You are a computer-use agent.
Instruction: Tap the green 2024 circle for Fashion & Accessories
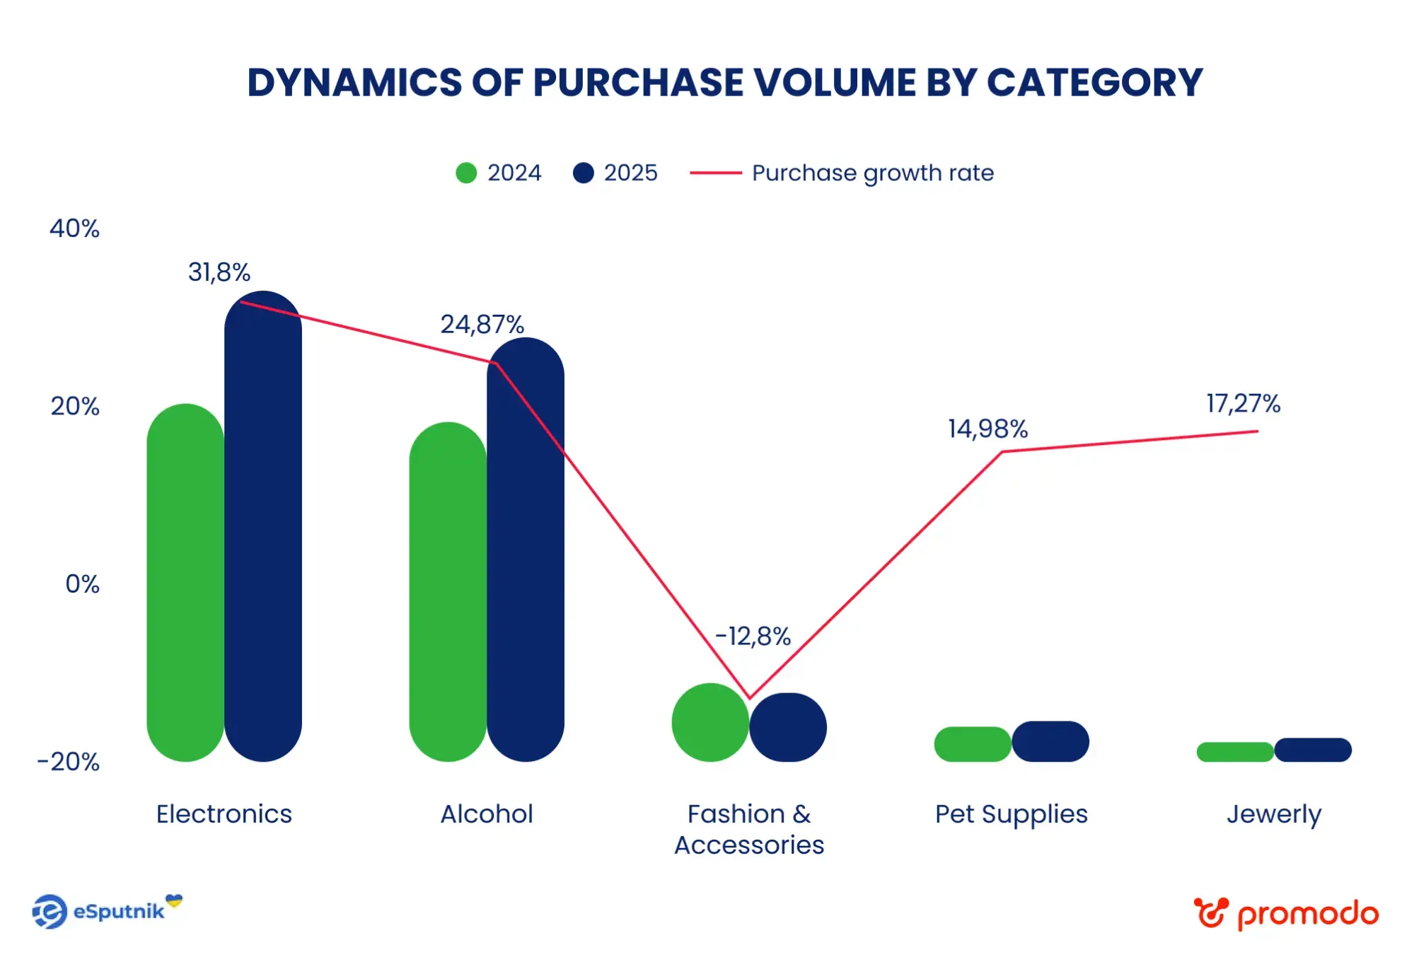[710, 722]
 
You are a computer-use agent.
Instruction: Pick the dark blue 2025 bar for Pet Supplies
[1050, 741]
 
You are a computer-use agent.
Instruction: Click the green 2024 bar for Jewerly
[1235, 751]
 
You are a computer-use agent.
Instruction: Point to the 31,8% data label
[219, 272]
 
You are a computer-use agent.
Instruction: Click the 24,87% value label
[482, 325]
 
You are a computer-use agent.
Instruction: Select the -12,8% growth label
[753, 637]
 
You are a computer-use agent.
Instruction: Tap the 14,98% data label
[987, 429]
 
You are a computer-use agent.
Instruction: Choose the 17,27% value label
[1243, 404]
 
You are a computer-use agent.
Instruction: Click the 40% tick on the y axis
[74, 228]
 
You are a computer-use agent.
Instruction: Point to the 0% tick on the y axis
[82, 584]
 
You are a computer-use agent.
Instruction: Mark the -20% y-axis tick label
[69, 762]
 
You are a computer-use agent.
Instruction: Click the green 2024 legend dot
[466, 173]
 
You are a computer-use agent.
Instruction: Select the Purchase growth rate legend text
[872, 173]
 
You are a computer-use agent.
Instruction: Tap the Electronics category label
[224, 814]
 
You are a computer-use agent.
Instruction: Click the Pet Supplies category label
[1011, 814]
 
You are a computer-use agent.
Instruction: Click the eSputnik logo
[106, 911]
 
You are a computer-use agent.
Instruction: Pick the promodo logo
[1286, 913]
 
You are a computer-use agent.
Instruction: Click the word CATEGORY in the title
[1094, 83]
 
